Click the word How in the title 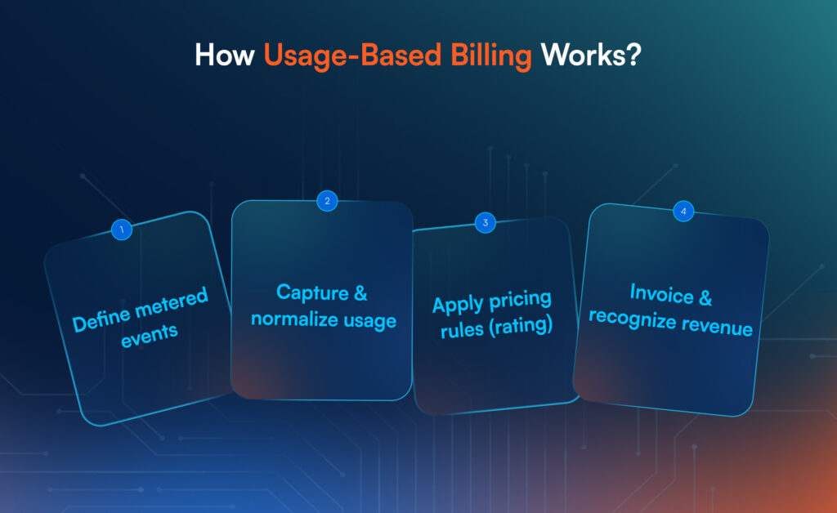tap(224, 55)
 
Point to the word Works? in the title tap(590, 55)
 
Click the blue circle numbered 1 tap(122, 230)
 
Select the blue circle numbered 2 tap(327, 201)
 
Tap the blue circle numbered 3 tap(486, 223)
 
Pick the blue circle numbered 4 tap(683, 212)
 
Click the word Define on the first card tap(101, 319)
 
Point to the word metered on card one tap(172, 301)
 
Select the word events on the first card tap(150, 336)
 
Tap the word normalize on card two tap(294, 319)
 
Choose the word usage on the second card tap(370, 321)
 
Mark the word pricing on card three tap(521, 300)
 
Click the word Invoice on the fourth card tap(662, 293)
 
